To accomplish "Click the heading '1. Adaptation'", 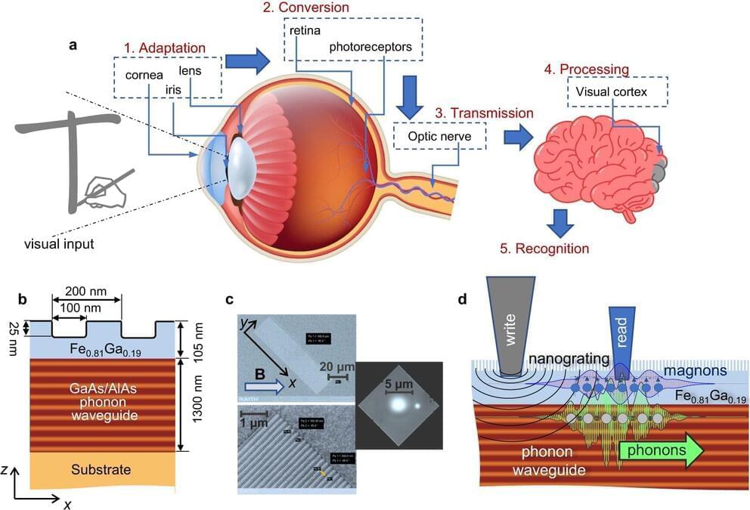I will click(x=164, y=46).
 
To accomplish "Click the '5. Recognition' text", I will click(x=546, y=247).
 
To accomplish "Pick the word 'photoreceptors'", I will click(x=370, y=47).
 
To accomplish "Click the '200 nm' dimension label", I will click(x=86, y=291).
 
